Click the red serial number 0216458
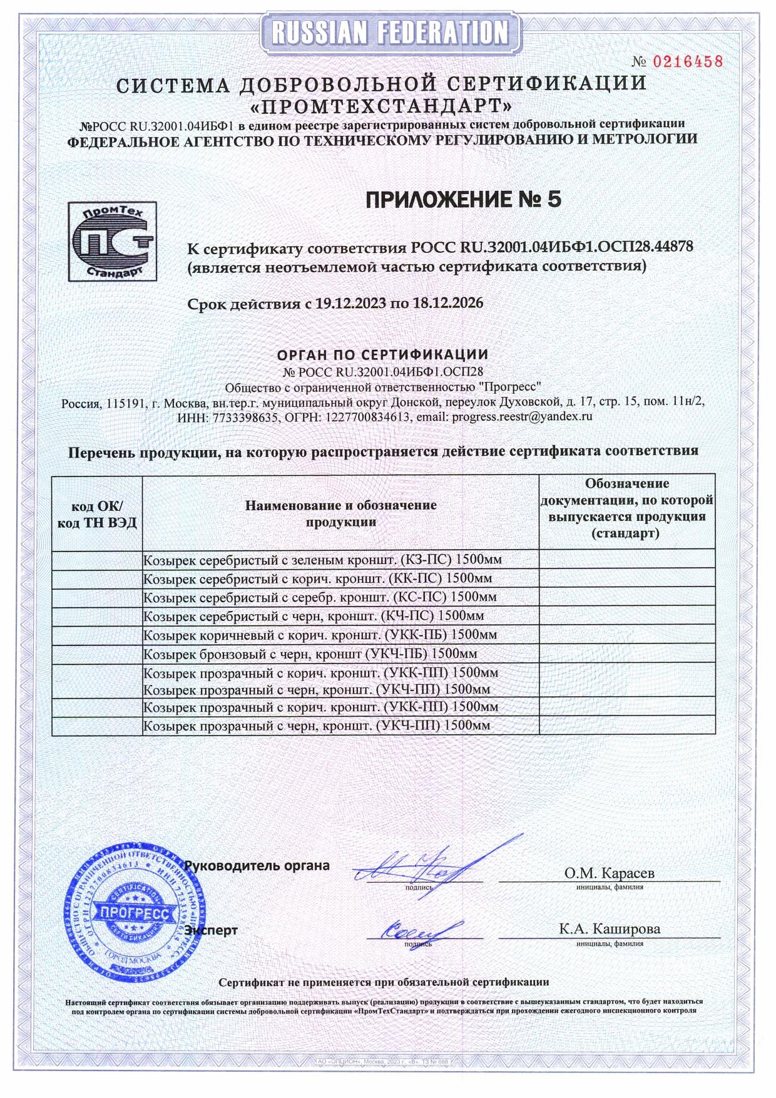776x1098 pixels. pyautogui.click(x=688, y=61)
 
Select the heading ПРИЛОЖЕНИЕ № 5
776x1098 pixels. pyautogui.click(x=463, y=200)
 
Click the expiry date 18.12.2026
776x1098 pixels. pyautogui.click(x=447, y=304)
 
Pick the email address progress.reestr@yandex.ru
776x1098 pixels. pyautogui.click(x=522, y=416)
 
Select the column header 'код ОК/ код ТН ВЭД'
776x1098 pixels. pyautogui.click(x=97, y=514)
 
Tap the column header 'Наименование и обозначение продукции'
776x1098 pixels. pyautogui.click(x=340, y=513)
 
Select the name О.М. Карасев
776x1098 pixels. pyautogui.click(x=609, y=873)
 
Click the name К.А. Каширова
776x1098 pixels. pyautogui.click(x=609, y=929)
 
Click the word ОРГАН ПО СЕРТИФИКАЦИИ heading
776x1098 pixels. pyautogui.click(x=382, y=355)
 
